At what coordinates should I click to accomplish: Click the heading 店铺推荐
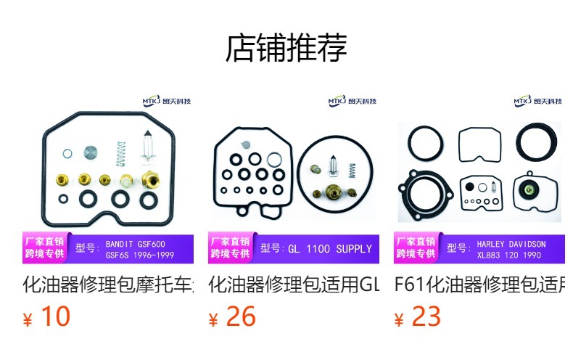click(286, 48)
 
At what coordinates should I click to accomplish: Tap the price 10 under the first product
click(55, 316)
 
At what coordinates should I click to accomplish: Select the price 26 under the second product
click(241, 316)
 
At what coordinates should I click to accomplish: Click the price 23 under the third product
click(426, 316)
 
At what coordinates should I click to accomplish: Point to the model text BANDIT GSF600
click(136, 244)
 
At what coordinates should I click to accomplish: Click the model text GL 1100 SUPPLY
click(329, 249)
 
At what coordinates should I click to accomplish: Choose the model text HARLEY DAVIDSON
click(511, 244)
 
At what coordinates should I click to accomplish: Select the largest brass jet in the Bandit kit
click(151, 179)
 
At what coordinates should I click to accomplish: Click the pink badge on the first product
click(46, 248)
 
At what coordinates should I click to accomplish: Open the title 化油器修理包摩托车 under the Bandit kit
click(109, 285)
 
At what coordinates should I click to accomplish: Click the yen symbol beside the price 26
click(213, 319)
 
